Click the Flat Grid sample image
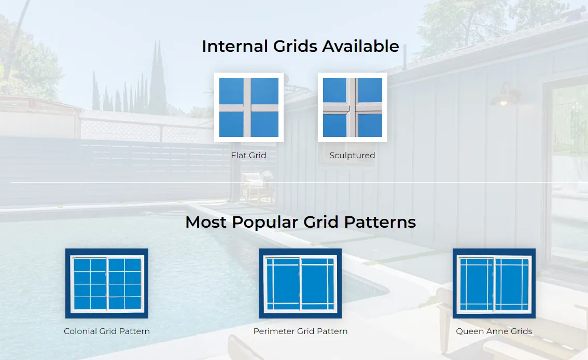249,107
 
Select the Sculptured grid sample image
353,107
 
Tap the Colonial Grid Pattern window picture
107,283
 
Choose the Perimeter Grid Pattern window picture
300,283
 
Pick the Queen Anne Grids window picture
494,283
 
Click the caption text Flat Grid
248,155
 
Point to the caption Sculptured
352,155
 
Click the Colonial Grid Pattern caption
107,331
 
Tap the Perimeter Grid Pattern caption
300,331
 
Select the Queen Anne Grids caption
494,331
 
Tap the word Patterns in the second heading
381,223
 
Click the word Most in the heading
206,223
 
